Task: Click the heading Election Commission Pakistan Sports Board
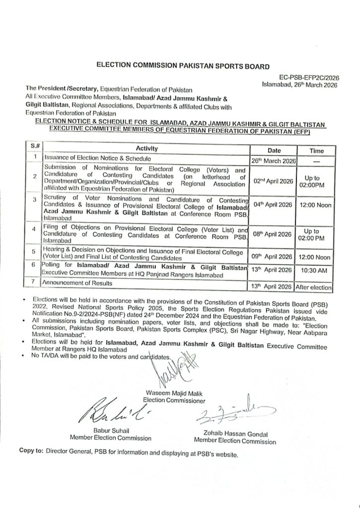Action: pyautogui.click(x=179, y=65)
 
